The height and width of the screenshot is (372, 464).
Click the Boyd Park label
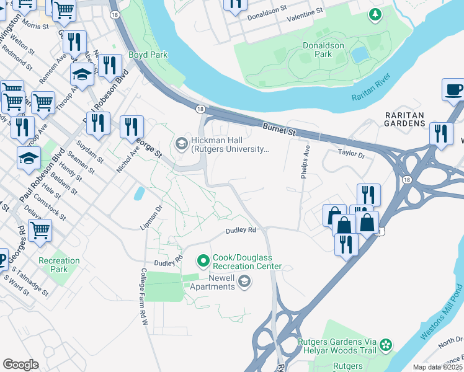(148, 55)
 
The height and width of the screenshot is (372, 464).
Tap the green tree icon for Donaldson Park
(374, 14)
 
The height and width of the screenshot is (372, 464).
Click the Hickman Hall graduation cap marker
(181, 144)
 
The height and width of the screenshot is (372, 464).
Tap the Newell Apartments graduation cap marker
(244, 282)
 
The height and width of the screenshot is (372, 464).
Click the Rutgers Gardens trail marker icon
(386, 344)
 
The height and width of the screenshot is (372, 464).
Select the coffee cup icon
(454, 89)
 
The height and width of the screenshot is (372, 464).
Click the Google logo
(20, 364)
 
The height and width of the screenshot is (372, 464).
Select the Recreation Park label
(59, 265)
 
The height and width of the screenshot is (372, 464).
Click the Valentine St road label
(305, 11)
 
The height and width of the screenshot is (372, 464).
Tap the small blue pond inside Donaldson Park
(359, 55)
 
